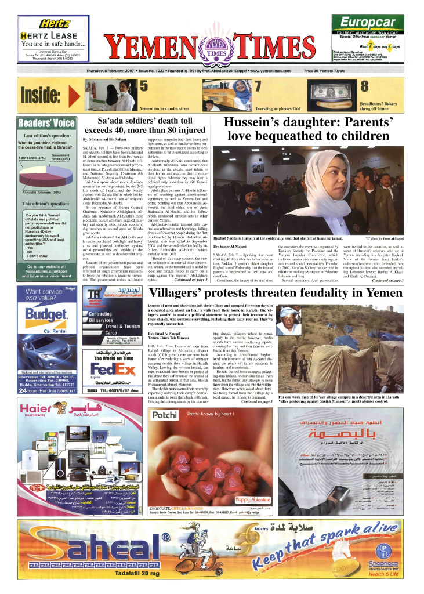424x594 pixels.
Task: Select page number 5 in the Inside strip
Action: pos(143,85)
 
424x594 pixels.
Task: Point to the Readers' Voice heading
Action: pos(46,123)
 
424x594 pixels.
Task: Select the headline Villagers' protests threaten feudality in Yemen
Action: pos(276,292)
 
